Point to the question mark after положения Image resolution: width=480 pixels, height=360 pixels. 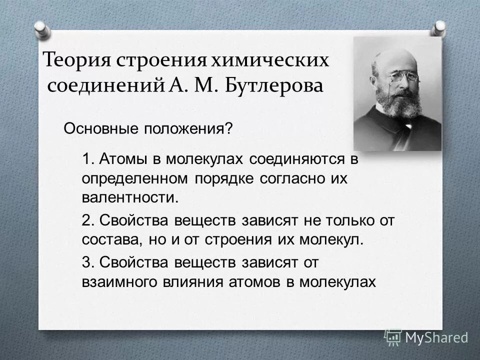(229, 129)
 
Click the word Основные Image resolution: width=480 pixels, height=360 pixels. (102, 129)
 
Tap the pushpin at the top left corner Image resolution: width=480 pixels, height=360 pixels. (41, 27)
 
